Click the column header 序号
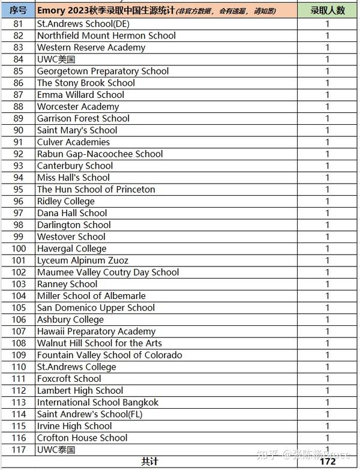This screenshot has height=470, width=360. point(18,11)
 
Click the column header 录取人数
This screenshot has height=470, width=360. point(328,11)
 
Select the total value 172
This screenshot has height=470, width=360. point(328,462)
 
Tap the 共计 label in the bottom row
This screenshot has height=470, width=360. point(150,462)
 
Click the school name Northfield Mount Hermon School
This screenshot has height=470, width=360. point(106,35)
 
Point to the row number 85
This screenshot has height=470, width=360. point(18,71)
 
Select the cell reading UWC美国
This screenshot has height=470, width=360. point(56,59)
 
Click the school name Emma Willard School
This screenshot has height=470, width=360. point(80,95)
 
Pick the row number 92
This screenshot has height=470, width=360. point(18,154)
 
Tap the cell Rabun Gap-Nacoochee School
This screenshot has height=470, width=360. point(100,154)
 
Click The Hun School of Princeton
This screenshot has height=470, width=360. point(96,189)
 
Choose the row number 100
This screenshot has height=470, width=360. point(18,249)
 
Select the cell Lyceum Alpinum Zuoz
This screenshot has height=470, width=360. point(83,261)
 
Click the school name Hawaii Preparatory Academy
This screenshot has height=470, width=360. point(96,331)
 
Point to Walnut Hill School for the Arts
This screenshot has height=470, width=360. point(99,343)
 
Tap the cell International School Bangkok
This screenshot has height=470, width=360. point(98,402)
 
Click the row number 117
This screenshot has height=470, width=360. point(18,450)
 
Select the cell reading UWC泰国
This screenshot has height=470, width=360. point(56,450)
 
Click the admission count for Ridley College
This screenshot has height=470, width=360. point(328,201)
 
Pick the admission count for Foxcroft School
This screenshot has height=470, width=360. point(328,379)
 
